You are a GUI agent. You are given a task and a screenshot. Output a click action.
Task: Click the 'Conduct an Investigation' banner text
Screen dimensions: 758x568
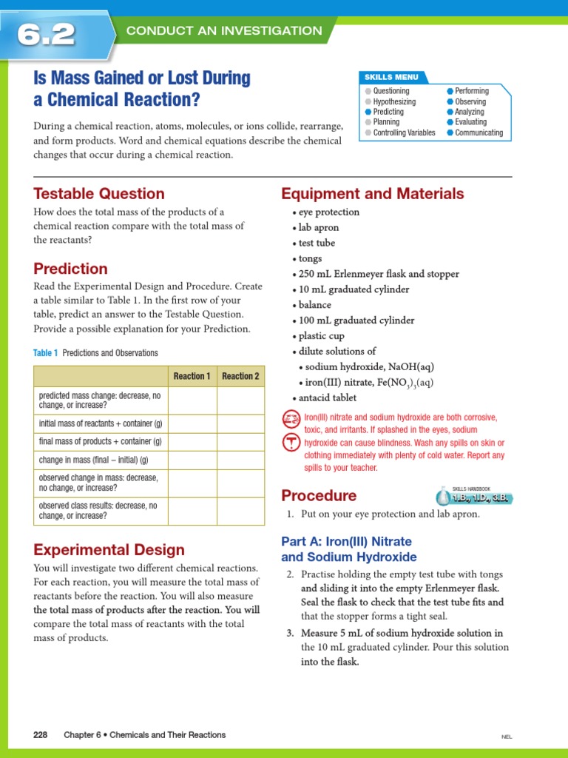(224, 31)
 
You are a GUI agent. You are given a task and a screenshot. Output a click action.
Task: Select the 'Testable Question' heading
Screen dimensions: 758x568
(99, 194)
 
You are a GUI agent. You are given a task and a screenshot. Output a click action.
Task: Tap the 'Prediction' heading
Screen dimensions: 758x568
(71, 269)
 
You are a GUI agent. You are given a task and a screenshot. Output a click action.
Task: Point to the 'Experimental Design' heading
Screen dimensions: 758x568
(109, 550)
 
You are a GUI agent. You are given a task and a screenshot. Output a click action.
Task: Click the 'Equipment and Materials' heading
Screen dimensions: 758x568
(372, 194)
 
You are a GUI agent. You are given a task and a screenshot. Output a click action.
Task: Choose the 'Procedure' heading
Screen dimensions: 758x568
(319, 496)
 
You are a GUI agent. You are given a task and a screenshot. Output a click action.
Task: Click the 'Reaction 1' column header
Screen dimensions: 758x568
(192, 376)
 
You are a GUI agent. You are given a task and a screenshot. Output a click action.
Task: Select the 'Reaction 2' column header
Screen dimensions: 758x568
(240, 376)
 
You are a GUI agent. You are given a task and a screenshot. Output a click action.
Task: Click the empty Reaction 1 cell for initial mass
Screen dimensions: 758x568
(192, 423)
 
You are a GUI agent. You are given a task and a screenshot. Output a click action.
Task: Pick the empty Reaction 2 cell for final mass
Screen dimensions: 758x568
(240, 441)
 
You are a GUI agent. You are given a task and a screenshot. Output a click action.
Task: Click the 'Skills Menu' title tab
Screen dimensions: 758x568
(391, 77)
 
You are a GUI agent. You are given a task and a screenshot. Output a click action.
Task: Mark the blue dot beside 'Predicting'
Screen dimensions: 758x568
(368, 112)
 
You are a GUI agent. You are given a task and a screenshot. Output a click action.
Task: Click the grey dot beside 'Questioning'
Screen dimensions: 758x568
(368, 91)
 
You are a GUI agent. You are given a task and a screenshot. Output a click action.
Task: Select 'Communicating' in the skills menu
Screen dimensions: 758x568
(479, 133)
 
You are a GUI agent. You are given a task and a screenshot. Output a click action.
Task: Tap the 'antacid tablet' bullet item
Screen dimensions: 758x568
(327, 398)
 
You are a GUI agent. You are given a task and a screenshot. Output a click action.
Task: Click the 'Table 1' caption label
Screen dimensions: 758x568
(46, 353)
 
